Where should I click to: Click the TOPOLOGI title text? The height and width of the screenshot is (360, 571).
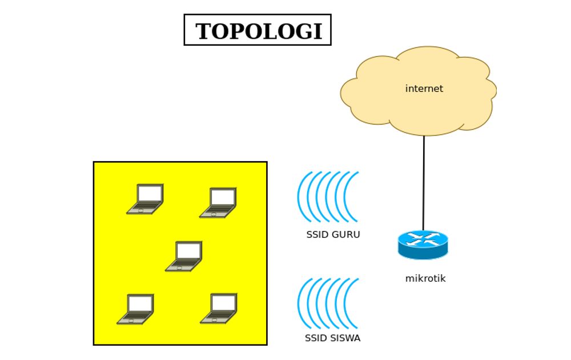coord(258,31)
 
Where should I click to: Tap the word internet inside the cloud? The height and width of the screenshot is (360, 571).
coord(424,89)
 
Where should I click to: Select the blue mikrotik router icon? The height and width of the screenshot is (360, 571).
coord(423,245)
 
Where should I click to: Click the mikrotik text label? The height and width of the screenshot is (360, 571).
coord(425,279)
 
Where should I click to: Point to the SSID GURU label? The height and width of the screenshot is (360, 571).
coord(333,235)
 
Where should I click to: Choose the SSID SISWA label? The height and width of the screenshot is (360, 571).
coord(332,338)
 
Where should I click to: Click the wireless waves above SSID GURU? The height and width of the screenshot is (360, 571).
coord(328,197)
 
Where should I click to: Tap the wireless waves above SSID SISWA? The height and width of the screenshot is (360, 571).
coord(328,303)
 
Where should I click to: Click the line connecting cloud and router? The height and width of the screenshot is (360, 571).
coord(424,183)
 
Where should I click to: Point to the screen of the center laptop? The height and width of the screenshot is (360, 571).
coord(188,250)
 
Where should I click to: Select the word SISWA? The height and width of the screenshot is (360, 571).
coord(344,338)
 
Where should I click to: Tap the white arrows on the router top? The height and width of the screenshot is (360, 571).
coord(423,239)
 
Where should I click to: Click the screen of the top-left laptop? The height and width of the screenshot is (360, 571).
coord(150,193)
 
